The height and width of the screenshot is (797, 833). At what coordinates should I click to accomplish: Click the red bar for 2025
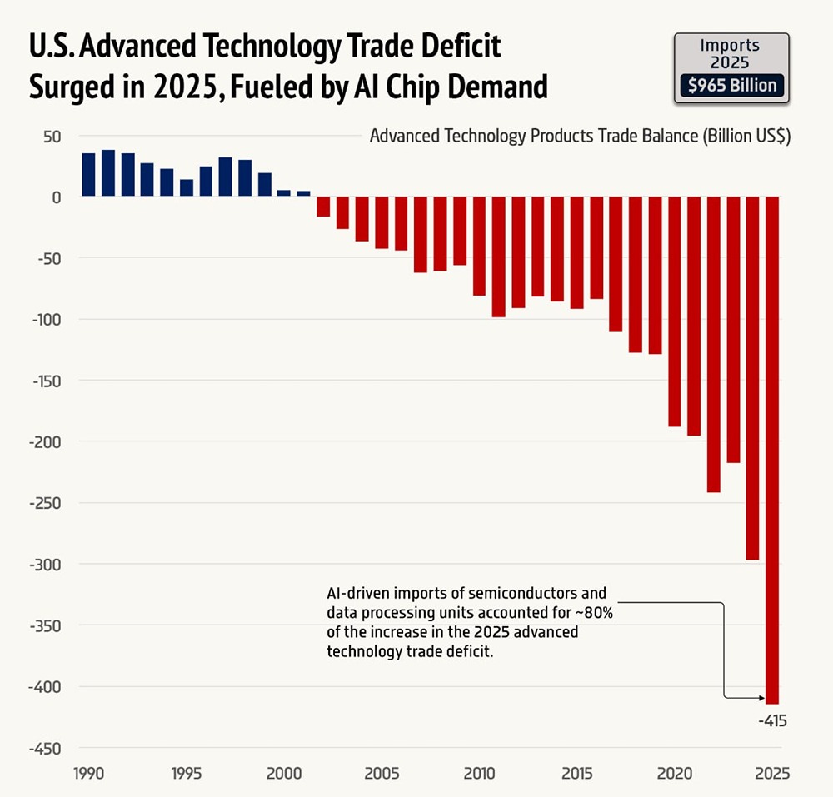[x=772, y=450]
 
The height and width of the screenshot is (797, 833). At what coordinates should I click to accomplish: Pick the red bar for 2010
[x=479, y=247]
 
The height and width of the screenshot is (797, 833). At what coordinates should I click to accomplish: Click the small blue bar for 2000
[x=284, y=193]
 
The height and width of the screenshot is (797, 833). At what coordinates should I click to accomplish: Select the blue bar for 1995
[x=187, y=188]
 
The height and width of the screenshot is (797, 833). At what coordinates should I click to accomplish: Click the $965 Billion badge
[x=729, y=85]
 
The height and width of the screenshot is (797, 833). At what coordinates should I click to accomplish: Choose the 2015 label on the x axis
[x=576, y=773]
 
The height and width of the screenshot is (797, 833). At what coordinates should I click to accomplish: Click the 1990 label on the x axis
[x=88, y=773]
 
